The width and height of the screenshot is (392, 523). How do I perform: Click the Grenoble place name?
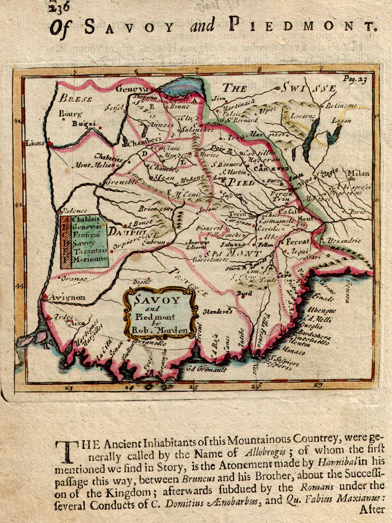(121, 183)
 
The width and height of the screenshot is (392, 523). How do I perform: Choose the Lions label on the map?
(35, 143)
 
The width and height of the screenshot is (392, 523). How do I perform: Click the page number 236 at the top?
(59, 6)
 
